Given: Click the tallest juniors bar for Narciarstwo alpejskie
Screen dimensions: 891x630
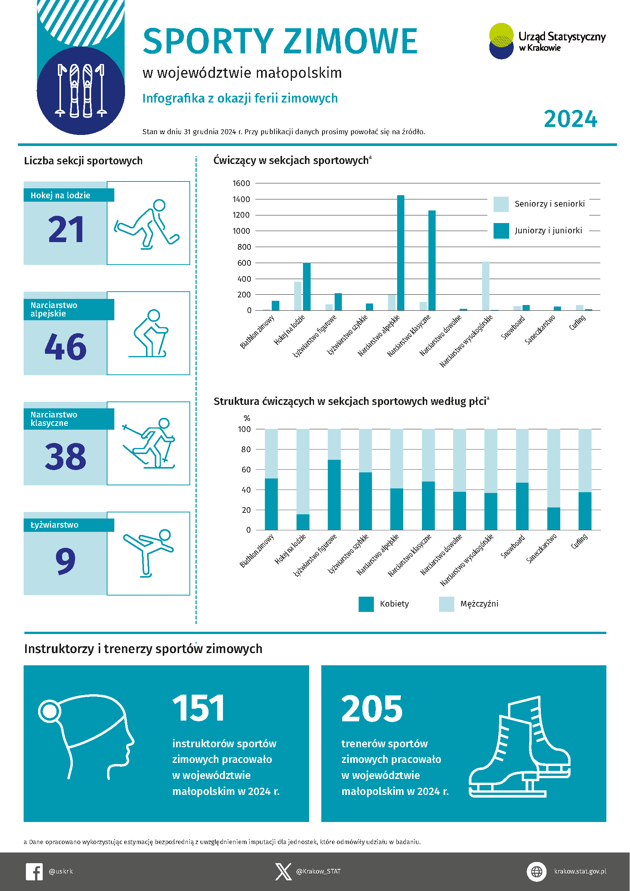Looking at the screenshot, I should point(401,253).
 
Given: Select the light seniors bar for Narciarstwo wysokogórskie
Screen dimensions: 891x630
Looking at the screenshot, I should point(485,286).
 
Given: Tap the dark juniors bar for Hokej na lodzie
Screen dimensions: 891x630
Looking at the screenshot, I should point(306,287).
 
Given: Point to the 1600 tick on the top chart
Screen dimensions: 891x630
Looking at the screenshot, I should point(241,183).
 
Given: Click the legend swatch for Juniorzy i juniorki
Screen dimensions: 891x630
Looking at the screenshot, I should point(501,231).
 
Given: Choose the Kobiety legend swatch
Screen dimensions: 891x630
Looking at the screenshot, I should point(366,604).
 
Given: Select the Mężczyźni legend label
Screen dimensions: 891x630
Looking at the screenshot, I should point(479,604).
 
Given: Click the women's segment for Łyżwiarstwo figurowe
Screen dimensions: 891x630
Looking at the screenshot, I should point(334,495).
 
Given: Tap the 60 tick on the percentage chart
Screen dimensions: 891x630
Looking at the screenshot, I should point(246,470).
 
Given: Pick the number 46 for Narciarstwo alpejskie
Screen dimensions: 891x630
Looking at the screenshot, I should point(65,347).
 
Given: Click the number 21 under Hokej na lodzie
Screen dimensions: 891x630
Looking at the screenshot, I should point(66,230).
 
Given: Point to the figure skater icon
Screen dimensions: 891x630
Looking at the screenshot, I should point(148,552).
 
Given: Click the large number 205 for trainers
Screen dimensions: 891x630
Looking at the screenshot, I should point(372,709).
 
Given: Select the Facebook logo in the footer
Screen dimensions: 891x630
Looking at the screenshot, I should point(34,872).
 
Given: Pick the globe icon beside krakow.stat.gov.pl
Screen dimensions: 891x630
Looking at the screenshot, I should point(537,872).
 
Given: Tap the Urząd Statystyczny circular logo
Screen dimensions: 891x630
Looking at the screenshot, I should point(501,41).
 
